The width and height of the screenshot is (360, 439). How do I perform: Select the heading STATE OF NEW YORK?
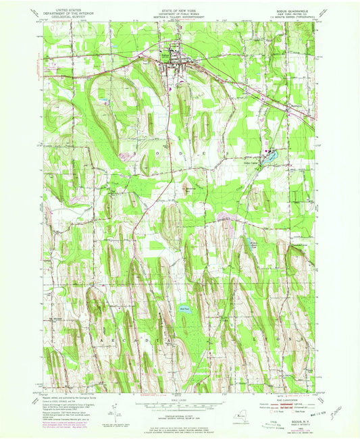(x=180, y=6)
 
